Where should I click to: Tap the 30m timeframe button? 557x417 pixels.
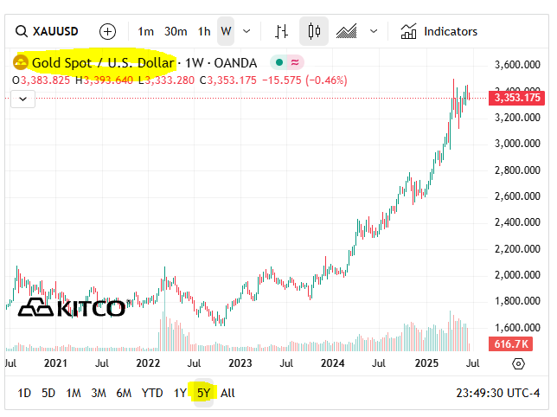click(x=176, y=31)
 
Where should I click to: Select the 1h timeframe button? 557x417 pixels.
click(x=204, y=31)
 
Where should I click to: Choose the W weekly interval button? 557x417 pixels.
click(x=226, y=31)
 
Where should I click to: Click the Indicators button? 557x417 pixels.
click(x=439, y=31)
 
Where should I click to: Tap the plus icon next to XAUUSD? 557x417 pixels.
click(x=107, y=31)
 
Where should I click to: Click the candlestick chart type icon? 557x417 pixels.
click(x=313, y=31)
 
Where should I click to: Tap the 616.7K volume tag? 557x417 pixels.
click(x=510, y=344)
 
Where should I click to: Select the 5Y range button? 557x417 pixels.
click(x=203, y=393)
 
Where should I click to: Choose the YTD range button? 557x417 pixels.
click(x=152, y=393)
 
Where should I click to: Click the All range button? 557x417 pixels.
click(x=227, y=393)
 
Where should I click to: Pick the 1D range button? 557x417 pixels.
click(x=24, y=393)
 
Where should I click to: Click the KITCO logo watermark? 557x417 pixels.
click(x=72, y=308)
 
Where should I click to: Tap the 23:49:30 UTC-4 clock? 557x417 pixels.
click(x=497, y=393)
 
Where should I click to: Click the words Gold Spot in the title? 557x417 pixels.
click(x=61, y=62)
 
